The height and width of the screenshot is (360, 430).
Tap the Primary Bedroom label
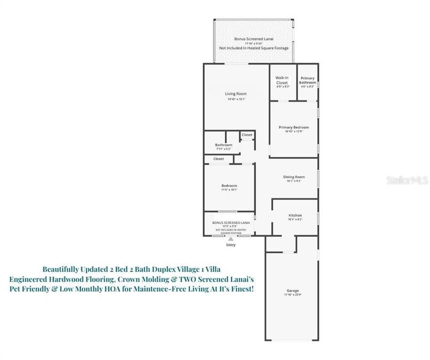point(293,127)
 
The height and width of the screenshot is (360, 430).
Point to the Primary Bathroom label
point(307,80)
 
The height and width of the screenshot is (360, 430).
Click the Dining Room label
point(293,177)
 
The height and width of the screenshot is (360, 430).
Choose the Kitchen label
point(295,215)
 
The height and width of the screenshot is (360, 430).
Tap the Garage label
point(292,290)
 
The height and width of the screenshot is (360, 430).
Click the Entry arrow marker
point(231,239)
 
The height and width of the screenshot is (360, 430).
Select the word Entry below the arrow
point(231,245)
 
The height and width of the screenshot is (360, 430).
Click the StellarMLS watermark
point(407,180)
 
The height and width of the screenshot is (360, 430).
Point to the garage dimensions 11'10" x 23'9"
point(292,295)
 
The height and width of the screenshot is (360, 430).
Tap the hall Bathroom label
point(224,145)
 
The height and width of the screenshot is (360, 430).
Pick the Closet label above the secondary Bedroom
point(219,159)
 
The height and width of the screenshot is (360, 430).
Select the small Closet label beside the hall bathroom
point(247,135)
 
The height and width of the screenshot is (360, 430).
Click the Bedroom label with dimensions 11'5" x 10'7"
point(229,185)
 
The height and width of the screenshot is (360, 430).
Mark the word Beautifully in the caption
point(62,267)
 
